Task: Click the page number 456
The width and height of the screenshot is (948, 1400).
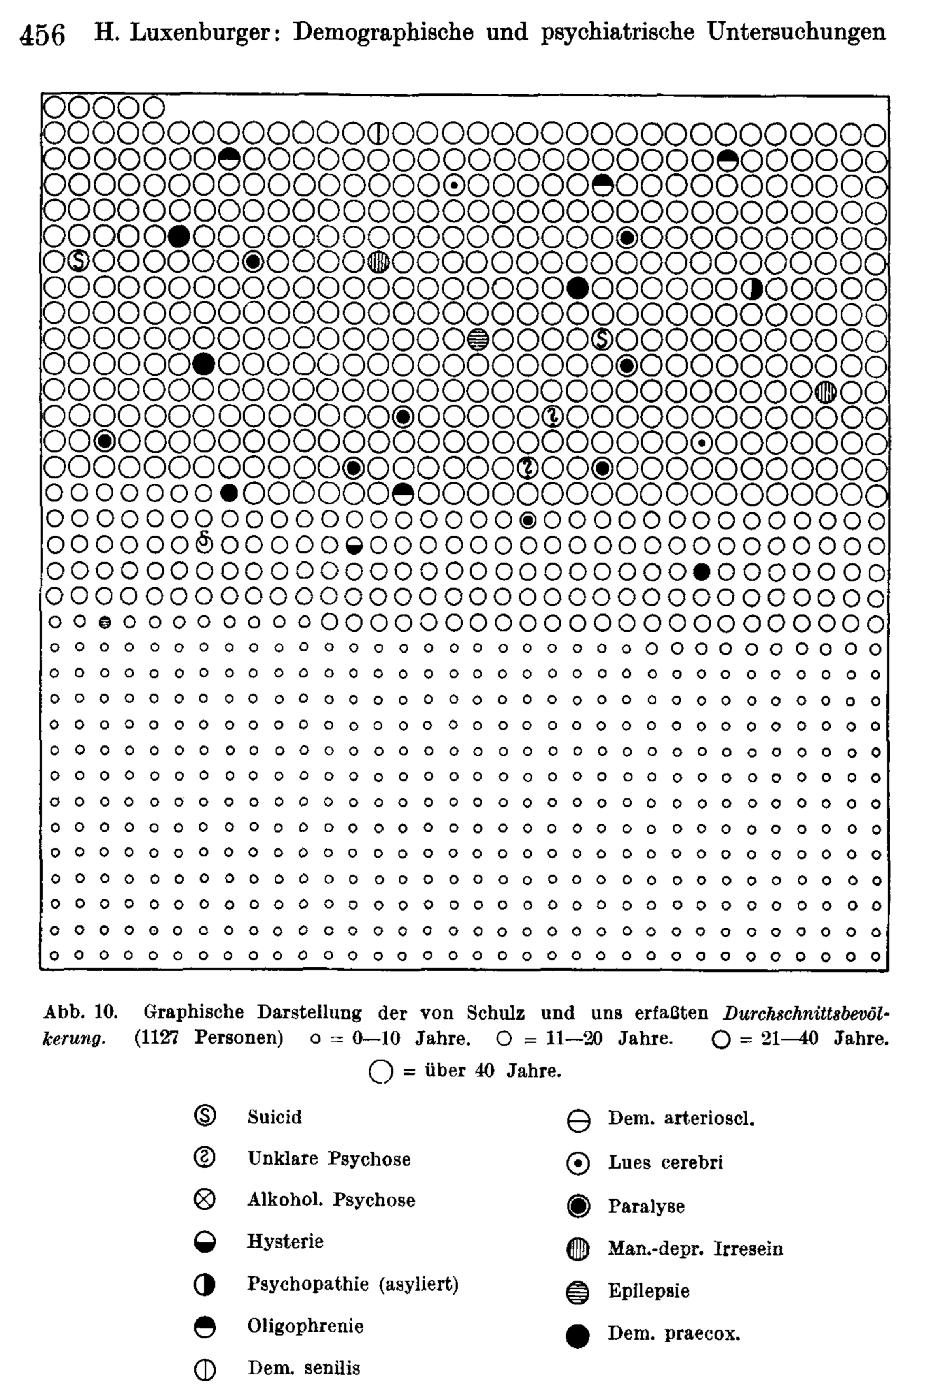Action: [x=42, y=35]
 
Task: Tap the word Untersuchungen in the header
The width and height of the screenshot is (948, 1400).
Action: [x=796, y=31]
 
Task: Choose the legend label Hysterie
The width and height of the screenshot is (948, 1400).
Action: [x=285, y=1241]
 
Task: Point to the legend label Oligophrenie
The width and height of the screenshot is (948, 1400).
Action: [x=305, y=1326]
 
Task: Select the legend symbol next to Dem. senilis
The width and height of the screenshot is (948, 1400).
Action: [x=205, y=1369]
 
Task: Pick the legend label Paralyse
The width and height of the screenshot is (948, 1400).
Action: [x=646, y=1206]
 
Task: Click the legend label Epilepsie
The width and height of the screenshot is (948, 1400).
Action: [x=649, y=1291]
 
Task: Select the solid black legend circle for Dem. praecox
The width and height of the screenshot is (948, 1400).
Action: [x=577, y=1336]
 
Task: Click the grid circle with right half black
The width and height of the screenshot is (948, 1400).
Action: [x=753, y=289]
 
